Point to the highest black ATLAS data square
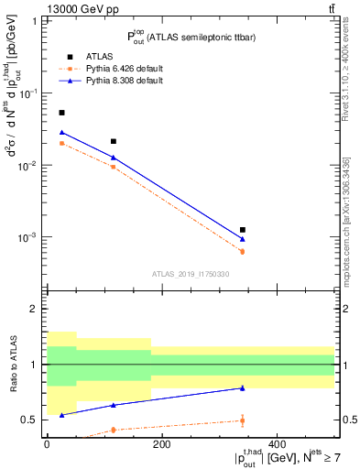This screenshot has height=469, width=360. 61,113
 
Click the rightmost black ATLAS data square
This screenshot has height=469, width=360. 243,230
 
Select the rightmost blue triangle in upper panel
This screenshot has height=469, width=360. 243,239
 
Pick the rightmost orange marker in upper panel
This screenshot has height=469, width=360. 243,251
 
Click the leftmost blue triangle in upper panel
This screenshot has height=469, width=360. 61,132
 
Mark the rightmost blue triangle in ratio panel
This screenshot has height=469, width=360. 243,387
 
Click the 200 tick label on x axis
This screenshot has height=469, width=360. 161,443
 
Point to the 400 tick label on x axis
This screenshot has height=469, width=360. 278,443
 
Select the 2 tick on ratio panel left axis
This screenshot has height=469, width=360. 37,309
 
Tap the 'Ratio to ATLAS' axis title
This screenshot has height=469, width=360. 13,365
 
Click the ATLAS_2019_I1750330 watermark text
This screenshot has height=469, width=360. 191,273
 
